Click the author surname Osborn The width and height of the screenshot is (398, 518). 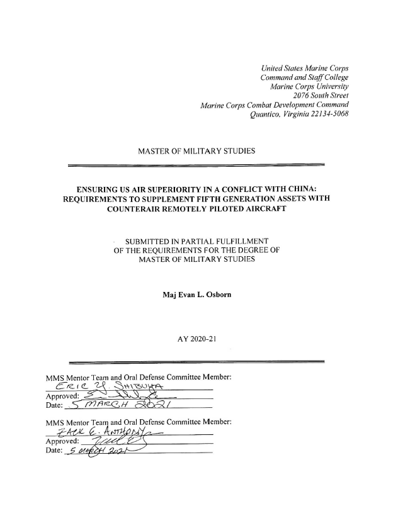click(215, 295)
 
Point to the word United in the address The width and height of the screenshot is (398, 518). click(274, 67)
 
